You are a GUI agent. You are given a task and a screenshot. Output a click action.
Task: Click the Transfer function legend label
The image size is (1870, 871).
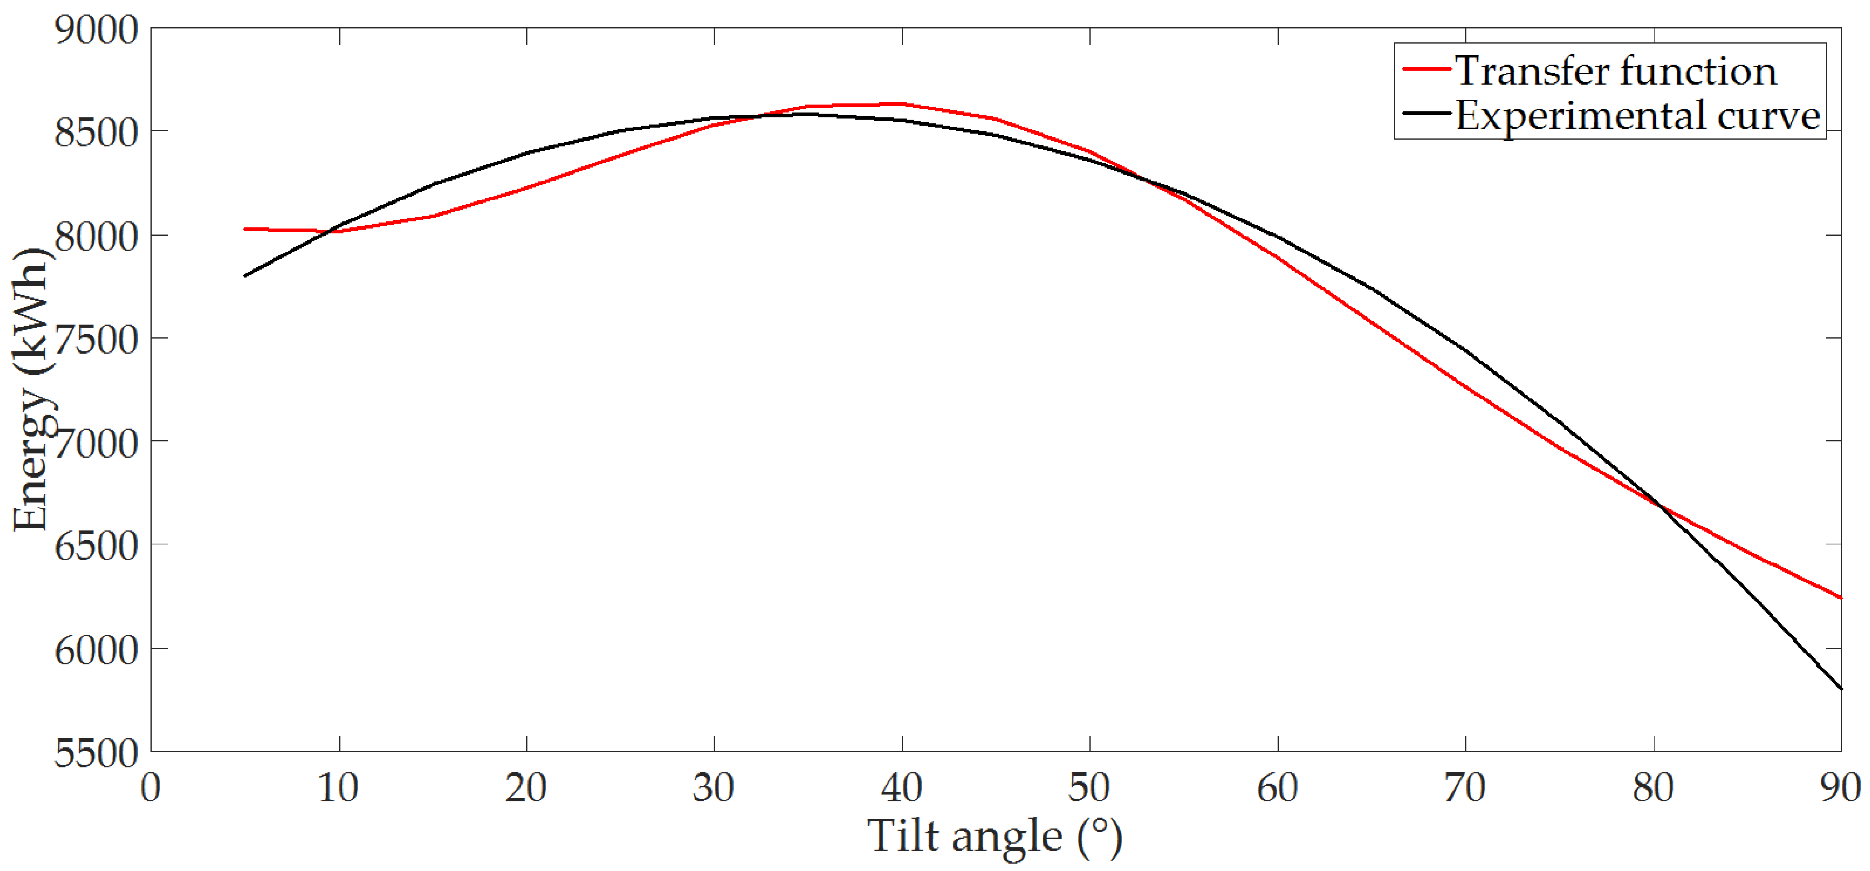tap(1615, 71)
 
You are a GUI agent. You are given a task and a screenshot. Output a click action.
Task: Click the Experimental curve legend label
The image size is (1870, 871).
tap(1637, 115)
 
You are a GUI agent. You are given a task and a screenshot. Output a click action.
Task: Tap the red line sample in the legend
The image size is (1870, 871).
tap(1426, 69)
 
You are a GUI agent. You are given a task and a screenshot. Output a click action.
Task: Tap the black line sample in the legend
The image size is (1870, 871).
tap(1426, 113)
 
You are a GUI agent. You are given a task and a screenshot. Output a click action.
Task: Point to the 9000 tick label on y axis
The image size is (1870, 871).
tap(96, 31)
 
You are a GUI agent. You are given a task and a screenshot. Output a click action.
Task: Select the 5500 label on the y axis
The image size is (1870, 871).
tap(96, 753)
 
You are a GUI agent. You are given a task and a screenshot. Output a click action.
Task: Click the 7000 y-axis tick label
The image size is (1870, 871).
tap(96, 443)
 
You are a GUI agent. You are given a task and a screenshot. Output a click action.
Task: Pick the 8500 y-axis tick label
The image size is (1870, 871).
tap(96, 133)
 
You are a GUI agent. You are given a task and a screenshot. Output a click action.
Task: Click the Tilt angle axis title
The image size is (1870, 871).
tap(994, 836)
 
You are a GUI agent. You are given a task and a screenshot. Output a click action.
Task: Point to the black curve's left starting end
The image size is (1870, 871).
tap(245, 276)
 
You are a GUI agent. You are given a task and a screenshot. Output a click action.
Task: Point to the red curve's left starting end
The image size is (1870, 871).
tap(245, 229)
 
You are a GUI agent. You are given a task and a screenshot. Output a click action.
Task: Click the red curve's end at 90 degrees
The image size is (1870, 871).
tap(1840, 598)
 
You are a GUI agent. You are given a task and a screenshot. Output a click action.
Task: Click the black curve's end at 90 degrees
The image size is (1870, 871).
tap(1840, 688)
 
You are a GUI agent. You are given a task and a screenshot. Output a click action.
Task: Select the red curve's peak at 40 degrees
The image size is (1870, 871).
tap(901, 104)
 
